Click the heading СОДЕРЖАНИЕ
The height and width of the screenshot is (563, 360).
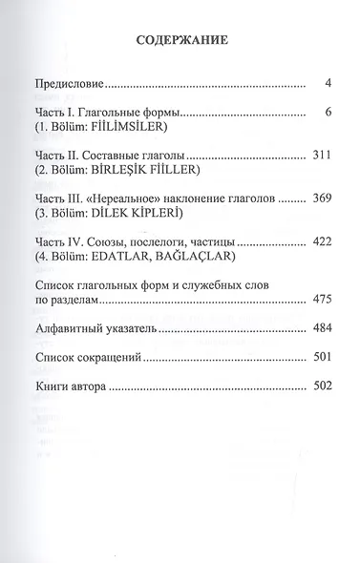pos(180,42)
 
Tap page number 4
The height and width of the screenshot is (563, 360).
pos(327,85)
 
